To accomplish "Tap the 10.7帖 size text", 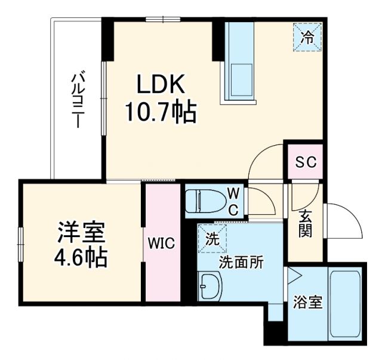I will coord(161,111).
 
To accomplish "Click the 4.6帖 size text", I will coord(82,257).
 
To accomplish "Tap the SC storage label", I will coord(305,162).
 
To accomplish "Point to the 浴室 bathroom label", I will coord(308,302).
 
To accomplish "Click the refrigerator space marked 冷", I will coord(307,38).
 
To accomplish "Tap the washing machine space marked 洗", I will coord(212,238).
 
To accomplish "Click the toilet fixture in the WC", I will coord(201,201).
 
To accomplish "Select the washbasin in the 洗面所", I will coord(210,287).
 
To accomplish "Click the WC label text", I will coord(235,201).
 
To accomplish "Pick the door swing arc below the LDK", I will coord(266,161).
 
